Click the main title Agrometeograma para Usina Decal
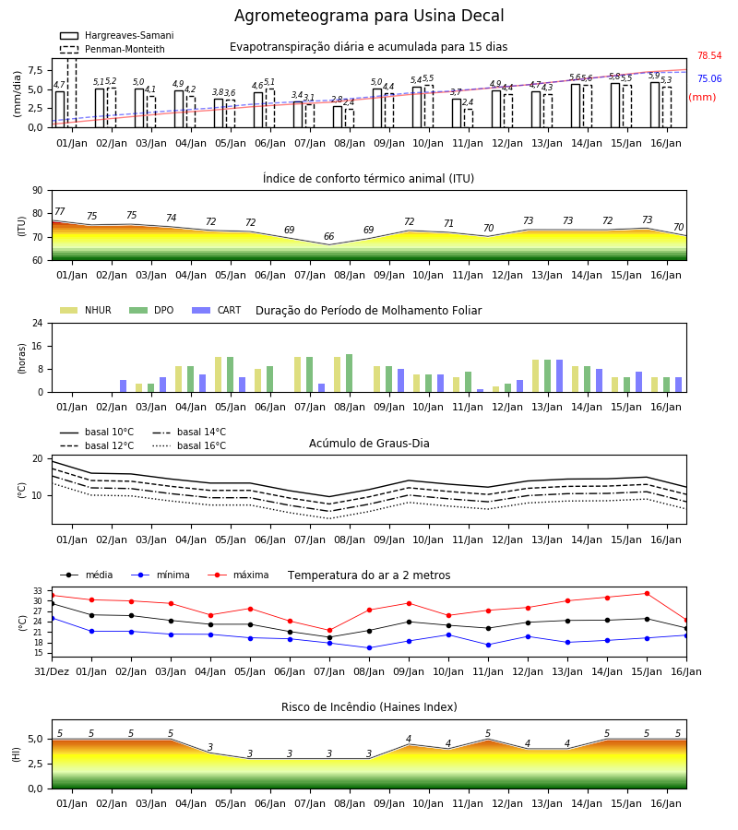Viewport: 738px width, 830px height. [369, 16]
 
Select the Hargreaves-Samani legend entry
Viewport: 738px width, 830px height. [117, 35]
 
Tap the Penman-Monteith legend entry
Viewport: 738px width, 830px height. [113, 49]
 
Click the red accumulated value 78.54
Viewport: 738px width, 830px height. [709, 55]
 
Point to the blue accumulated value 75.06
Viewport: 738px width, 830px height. [709, 79]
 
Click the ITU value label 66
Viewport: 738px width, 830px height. [328, 236]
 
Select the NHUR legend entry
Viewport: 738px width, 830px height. [86, 310]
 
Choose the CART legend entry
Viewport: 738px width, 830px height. [217, 310]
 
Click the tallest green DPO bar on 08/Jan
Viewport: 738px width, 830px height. [350, 373]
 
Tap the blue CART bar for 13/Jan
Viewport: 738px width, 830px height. [560, 376]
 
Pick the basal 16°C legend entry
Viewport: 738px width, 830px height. [189, 445]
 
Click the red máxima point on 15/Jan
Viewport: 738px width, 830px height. [647, 593]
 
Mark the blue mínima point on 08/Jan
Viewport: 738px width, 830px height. [370, 648]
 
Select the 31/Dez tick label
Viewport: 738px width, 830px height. [52, 671]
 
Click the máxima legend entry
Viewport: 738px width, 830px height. [238, 575]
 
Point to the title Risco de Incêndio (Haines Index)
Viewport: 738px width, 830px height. [369, 707]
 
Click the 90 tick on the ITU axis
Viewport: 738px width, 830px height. [38, 191]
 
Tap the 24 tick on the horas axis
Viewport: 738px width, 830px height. [38, 323]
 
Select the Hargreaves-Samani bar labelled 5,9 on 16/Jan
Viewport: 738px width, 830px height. [655, 105]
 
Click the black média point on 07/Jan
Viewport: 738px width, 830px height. [330, 637]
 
